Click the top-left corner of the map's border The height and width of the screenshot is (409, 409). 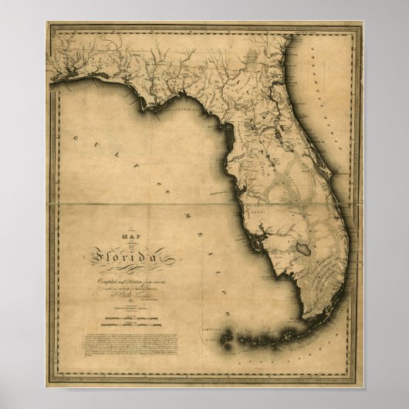47,25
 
